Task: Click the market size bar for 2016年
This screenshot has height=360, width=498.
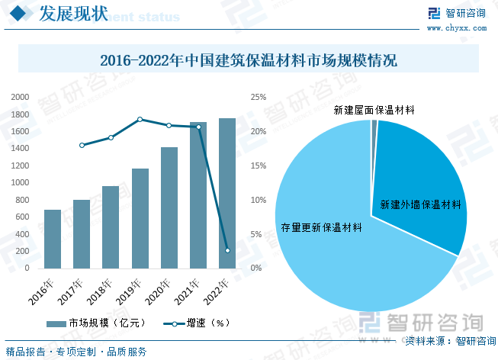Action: pyautogui.click(x=53, y=239)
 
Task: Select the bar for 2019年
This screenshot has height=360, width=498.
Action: pyautogui.click(x=140, y=218)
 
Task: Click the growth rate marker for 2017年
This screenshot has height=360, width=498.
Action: pyautogui.click(x=82, y=145)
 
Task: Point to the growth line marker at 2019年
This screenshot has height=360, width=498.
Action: pyautogui.click(x=140, y=119)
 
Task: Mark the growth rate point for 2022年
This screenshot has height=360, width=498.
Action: pyautogui.click(x=227, y=250)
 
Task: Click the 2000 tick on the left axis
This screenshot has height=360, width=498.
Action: pyautogui.click(x=20, y=97)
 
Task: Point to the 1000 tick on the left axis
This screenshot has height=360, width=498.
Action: pyautogui.click(x=20, y=183)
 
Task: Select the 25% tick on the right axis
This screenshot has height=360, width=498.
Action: pyautogui.click(x=258, y=97)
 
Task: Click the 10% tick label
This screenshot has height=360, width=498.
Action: pyautogui.click(x=258, y=200)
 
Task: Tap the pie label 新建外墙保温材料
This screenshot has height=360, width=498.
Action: pyautogui.click(x=421, y=204)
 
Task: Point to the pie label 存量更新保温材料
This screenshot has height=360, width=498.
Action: pyautogui.click(x=321, y=227)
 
